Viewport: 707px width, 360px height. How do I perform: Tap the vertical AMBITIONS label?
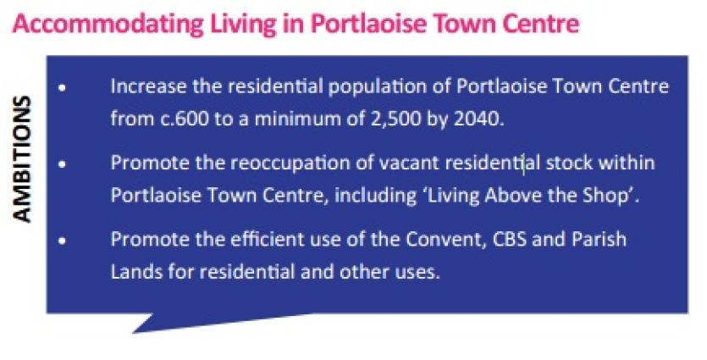point(22,159)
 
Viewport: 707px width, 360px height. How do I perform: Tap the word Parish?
point(599,239)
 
